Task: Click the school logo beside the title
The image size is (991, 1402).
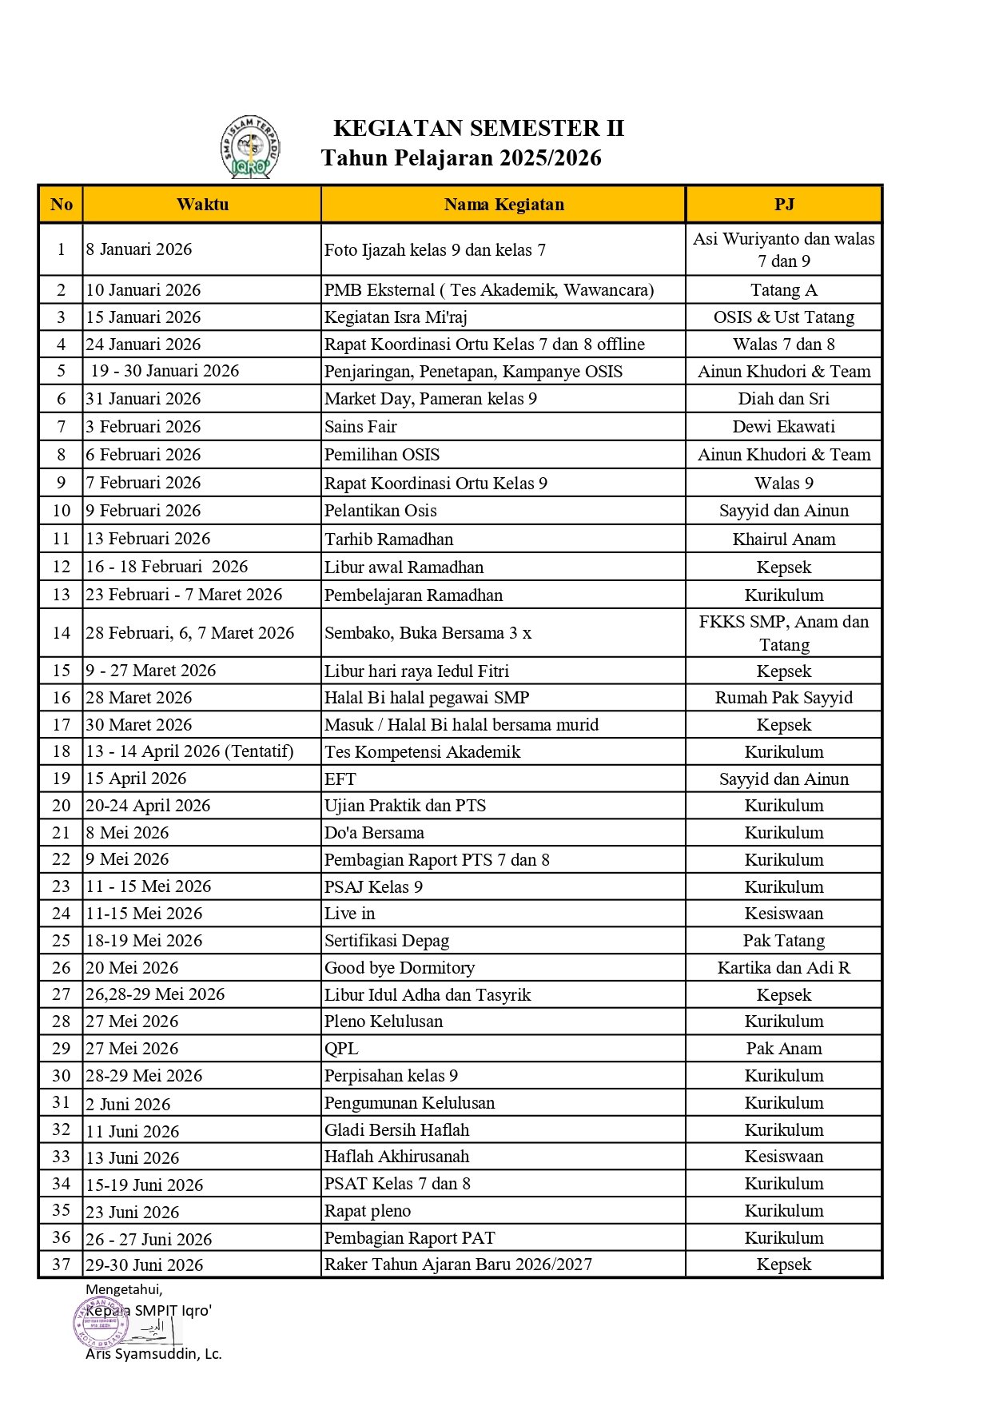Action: (250, 146)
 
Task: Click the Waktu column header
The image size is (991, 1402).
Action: (202, 205)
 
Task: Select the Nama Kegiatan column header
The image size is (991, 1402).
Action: (503, 205)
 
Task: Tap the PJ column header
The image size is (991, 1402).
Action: (784, 205)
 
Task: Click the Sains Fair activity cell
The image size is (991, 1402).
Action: (360, 427)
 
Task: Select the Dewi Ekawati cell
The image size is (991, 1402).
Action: (784, 427)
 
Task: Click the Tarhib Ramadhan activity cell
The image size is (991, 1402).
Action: (388, 540)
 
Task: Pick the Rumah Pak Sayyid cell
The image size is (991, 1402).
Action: (784, 698)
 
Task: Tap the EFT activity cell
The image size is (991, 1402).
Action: (340, 779)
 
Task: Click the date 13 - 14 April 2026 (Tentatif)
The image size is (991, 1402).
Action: (189, 752)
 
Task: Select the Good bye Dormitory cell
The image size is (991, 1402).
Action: (400, 968)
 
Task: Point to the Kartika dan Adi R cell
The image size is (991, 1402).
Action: (784, 968)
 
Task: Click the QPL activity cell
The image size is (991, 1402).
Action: (341, 1049)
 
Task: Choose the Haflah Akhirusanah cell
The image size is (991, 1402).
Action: (396, 1157)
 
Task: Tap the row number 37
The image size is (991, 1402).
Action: (61, 1265)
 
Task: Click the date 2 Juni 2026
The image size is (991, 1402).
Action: (128, 1105)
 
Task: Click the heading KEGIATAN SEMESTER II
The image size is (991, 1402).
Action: (478, 129)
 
